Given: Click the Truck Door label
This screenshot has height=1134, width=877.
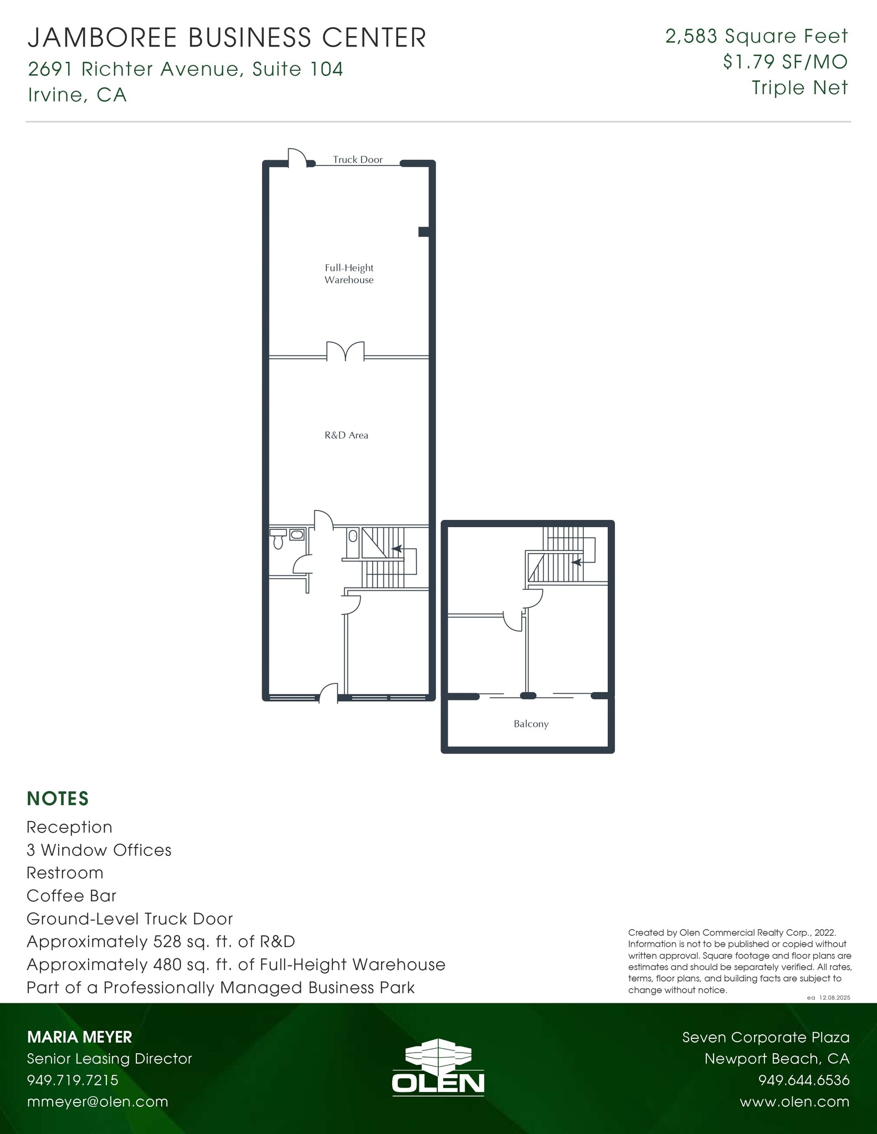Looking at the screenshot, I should (357, 159).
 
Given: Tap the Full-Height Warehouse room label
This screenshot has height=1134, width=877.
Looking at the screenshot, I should (349, 274).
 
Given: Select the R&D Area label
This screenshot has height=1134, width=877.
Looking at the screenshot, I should (346, 435).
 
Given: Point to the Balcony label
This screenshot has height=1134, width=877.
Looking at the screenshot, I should (531, 724).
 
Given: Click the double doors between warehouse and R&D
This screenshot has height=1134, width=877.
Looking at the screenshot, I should (345, 352).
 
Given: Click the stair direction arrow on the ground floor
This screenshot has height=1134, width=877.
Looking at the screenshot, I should (397, 549).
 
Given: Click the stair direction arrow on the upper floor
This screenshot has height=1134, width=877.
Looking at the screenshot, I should (576, 562).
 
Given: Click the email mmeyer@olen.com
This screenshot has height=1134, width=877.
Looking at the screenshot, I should (98, 1101).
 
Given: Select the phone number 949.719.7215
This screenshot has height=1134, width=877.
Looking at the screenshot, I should (73, 1080).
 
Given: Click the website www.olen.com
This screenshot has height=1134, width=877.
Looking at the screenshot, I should (794, 1101).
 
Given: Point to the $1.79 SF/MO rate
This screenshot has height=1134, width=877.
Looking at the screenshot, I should (785, 61).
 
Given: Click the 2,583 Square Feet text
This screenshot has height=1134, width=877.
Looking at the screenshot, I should (756, 36).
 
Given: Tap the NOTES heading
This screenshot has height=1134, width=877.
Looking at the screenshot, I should (58, 798).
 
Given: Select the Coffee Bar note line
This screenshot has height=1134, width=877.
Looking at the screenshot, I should (71, 895).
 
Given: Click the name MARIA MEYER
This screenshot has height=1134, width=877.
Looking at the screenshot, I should (80, 1037).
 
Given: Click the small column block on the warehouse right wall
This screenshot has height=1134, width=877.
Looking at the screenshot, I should (424, 232).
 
